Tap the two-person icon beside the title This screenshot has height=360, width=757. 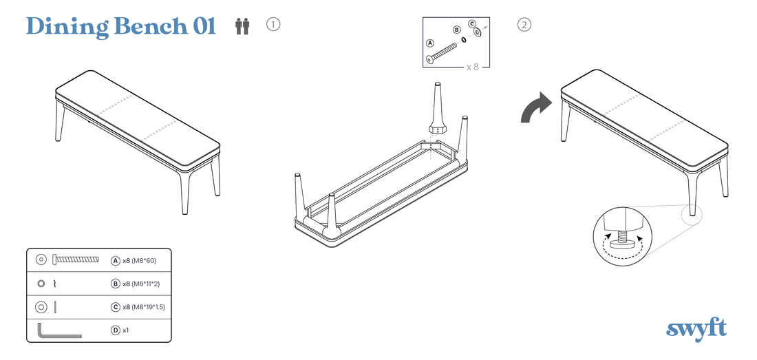242,26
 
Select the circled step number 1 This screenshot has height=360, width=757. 273,24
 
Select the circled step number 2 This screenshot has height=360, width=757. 524,24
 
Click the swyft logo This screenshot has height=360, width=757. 696,330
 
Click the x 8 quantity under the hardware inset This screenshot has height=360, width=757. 473,67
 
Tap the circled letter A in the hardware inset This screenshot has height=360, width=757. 430,43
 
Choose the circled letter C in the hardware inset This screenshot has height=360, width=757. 471,23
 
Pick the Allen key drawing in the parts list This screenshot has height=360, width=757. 58,332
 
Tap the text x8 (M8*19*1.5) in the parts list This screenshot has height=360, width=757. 144,307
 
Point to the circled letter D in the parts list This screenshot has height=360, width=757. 116,330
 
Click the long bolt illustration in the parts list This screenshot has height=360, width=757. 76,260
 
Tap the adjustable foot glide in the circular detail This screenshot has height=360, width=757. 622,240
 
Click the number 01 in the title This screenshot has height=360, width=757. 204,27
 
